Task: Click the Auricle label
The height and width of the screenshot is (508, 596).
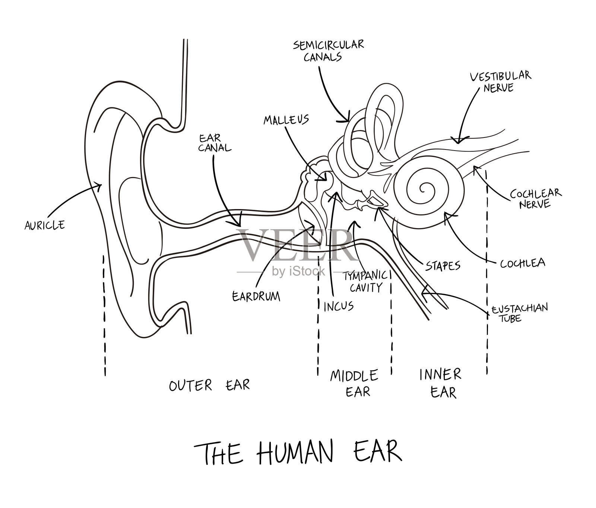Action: [45, 225]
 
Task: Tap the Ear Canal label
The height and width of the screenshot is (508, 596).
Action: [215, 143]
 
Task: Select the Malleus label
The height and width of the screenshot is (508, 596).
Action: [286, 120]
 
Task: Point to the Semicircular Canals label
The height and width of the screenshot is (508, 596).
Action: [328, 51]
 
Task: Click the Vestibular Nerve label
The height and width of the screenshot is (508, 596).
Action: [500, 82]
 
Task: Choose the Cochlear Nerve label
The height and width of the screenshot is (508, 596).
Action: [536, 198]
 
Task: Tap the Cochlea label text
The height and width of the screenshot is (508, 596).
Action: [522, 263]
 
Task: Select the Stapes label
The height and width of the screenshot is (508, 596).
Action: [443, 266]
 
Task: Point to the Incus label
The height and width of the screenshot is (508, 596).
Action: [338, 306]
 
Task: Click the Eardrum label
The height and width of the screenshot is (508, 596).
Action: [256, 296]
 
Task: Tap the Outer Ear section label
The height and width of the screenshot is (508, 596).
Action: [209, 385]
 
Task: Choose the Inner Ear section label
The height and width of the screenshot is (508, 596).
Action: [441, 383]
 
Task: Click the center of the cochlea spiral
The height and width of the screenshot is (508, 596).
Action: [423, 189]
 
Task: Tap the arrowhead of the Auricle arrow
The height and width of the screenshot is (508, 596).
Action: [101, 184]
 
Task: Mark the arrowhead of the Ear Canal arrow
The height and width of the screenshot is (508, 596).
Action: [239, 225]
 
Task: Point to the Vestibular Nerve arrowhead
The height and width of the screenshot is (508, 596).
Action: [459, 142]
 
